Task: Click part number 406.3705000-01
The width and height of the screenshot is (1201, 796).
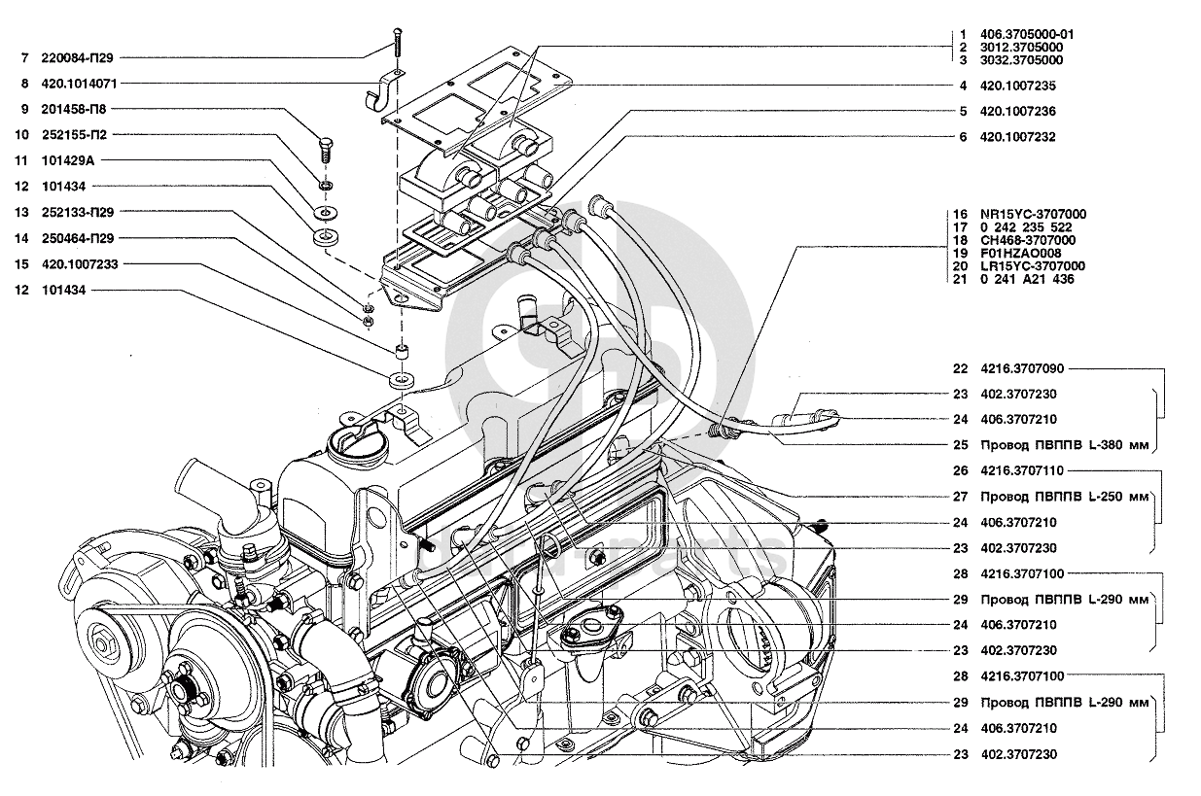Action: pyautogui.click(x=1027, y=35)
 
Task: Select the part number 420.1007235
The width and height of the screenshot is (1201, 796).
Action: pyautogui.click(x=1018, y=86)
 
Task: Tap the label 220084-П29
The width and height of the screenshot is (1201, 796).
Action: pyautogui.click(x=77, y=58)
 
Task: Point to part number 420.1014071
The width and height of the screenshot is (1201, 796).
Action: pyautogui.click(x=79, y=84)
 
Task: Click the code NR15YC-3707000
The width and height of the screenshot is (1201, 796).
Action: pyautogui.click(x=1033, y=215)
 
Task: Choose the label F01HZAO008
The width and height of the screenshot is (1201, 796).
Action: pyautogui.click(x=1021, y=253)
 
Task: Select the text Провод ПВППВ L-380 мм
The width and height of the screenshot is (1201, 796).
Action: pyautogui.click(x=1065, y=445)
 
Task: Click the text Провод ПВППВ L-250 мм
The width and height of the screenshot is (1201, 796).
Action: pyautogui.click(x=1065, y=497)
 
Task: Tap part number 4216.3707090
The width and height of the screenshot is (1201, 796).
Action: pyautogui.click(x=1022, y=368)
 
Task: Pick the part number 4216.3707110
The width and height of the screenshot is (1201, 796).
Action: pyautogui.click(x=1022, y=470)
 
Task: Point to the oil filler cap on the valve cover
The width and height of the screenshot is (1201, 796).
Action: pyautogui.click(x=357, y=444)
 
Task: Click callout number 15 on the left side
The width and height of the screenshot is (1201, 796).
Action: pyautogui.click(x=21, y=264)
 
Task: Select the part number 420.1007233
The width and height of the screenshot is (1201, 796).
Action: pyautogui.click(x=80, y=264)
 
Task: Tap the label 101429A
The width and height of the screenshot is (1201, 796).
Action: pyautogui.click(x=68, y=160)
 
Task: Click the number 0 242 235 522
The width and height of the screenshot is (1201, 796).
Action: pyautogui.click(x=1026, y=227)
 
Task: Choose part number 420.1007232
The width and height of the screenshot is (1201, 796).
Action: pyautogui.click(x=1018, y=137)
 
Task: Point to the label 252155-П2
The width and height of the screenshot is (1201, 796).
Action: pyautogui.click(x=75, y=135)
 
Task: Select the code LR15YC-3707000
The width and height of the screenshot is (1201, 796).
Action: pyautogui.click(x=1033, y=266)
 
